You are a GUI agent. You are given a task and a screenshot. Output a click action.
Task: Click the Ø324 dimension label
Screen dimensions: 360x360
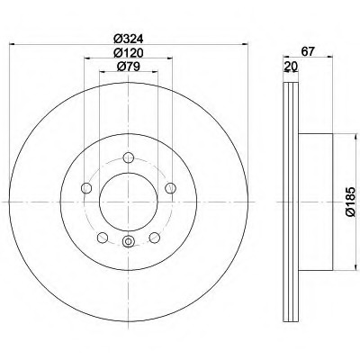pos(129,39)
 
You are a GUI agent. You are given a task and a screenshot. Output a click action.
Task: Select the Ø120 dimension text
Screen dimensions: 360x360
pos(129,53)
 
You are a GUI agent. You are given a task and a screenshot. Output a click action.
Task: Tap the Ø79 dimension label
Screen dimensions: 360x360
pos(129,67)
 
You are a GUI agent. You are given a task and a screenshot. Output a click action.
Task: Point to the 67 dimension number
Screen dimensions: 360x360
pos(308,51)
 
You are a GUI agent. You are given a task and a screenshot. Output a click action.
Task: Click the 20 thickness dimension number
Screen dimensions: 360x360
pos(291,66)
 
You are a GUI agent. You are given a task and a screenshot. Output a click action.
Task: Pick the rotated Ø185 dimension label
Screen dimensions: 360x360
pos(350,202)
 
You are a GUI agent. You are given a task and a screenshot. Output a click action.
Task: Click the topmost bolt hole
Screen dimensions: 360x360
pos(129,157)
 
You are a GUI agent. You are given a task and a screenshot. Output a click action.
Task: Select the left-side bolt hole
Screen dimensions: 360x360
pos(86,188)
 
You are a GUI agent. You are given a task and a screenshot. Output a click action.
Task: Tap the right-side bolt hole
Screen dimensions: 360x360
pos(170,188)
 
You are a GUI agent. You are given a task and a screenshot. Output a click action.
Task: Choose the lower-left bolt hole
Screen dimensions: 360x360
pos(103,238)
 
